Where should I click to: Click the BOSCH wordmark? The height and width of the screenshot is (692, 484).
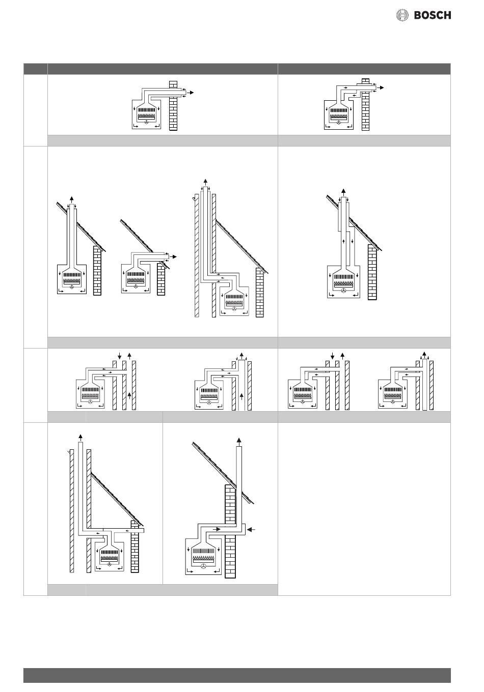(x=433, y=15)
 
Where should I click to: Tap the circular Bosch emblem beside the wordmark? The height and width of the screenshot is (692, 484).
(x=402, y=15)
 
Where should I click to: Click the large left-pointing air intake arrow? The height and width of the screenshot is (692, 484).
(x=252, y=529)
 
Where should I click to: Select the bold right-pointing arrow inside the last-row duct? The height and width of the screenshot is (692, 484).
(x=217, y=529)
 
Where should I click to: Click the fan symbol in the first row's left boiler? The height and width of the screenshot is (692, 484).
(x=147, y=123)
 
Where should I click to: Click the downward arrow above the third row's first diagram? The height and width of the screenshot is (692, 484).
(x=119, y=356)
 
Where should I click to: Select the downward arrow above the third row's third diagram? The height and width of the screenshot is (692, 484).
(x=333, y=356)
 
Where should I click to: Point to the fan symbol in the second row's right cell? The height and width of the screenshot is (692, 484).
(x=343, y=290)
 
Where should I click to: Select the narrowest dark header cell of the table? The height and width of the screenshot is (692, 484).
(x=36, y=69)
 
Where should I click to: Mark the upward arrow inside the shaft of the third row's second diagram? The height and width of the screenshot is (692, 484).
(x=241, y=396)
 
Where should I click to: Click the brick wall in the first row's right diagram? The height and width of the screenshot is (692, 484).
(x=366, y=111)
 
